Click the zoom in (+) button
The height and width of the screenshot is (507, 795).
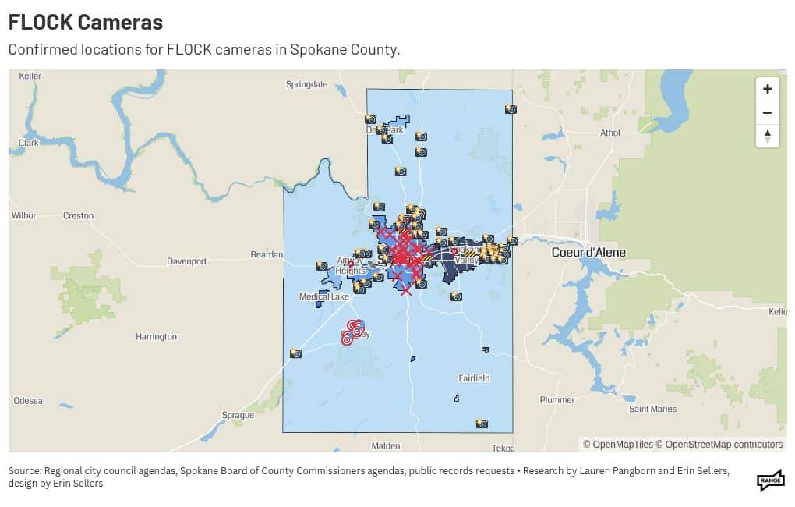(767, 89)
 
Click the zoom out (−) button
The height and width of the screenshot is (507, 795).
(767, 112)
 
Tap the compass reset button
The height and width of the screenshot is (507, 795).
(767, 136)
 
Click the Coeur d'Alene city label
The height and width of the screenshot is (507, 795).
(588, 252)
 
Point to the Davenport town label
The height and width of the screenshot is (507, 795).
(187, 261)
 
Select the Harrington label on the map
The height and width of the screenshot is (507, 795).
(156, 337)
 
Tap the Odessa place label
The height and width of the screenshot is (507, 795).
(28, 400)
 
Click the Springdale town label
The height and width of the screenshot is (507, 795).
(306, 84)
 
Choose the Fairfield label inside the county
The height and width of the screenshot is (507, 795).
(474, 378)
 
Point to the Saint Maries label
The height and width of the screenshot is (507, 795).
(652, 409)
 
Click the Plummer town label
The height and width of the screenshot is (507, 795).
(557, 400)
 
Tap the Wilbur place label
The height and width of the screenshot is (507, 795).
(23, 215)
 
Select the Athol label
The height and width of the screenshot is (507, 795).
(609, 133)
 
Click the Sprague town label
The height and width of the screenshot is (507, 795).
(238, 415)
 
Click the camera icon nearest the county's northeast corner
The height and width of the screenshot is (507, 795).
(511, 109)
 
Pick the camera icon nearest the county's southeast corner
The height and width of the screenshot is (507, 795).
(482, 424)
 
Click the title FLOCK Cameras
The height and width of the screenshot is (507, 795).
(86, 22)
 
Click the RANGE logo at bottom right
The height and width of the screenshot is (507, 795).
(770, 480)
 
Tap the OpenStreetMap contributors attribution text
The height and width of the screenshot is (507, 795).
(723, 445)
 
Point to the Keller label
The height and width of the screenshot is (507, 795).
(30, 76)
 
